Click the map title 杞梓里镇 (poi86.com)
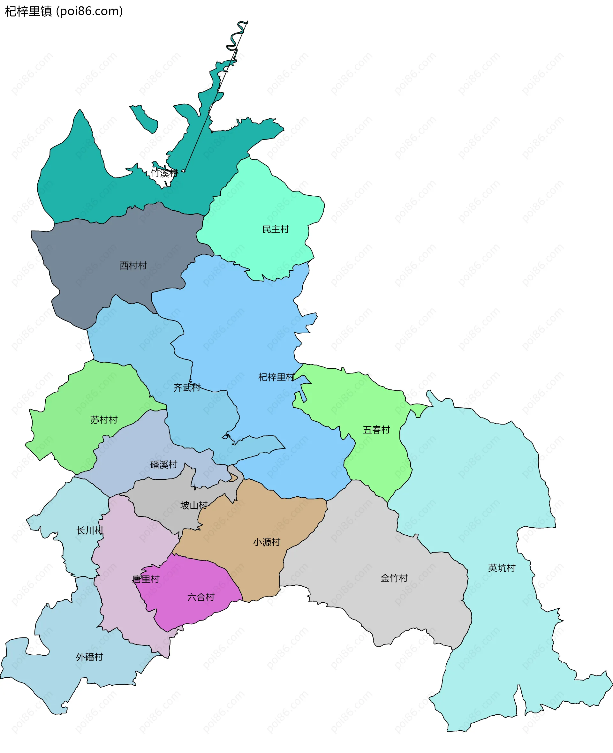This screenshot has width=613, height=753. (x=64, y=11)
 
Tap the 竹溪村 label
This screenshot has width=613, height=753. (x=164, y=173)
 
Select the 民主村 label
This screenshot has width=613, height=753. (x=276, y=230)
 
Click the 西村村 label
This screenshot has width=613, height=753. (x=133, y=266)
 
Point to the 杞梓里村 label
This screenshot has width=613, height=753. (x=276, y=377)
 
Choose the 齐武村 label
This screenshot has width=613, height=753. (x=187, y=388)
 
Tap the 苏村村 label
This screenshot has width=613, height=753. (x=104, y=420)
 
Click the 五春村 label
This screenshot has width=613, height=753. (x=376, y=430)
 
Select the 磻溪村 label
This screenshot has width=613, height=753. (x=163, y=464)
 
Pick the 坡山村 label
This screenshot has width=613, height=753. (x=194, y=505)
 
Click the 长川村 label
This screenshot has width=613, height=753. (x=90, y=530)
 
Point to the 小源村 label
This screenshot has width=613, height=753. (x=267, y=542)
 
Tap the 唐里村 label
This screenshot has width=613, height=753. (x=146, y=579)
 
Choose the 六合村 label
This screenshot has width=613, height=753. (x=201, y=597)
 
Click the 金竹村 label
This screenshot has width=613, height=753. (x=394, y=578)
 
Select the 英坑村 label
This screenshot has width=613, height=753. (x=502, y=568)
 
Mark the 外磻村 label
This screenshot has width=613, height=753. (x=89, y=657)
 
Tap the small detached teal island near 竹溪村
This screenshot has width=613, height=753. (x=145, y=118)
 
